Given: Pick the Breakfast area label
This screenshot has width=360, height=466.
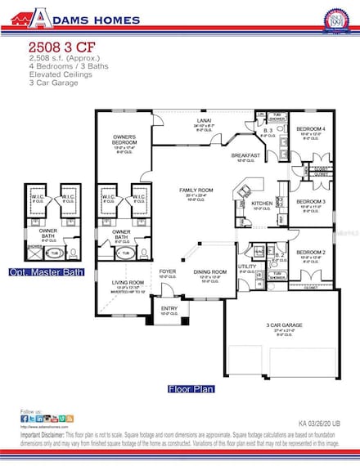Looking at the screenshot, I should click(245, 155).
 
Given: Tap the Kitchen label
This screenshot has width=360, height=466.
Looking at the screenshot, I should click(261, 203).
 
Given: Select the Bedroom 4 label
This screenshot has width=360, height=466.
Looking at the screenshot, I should click(310, 129).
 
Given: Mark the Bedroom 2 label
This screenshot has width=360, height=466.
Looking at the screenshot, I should click(310, 253).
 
